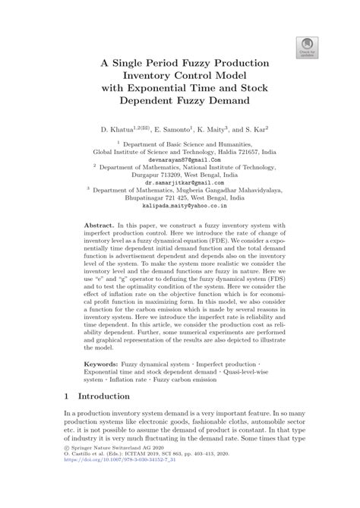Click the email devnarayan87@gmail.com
pyautogui.click(x=180, y=161)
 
